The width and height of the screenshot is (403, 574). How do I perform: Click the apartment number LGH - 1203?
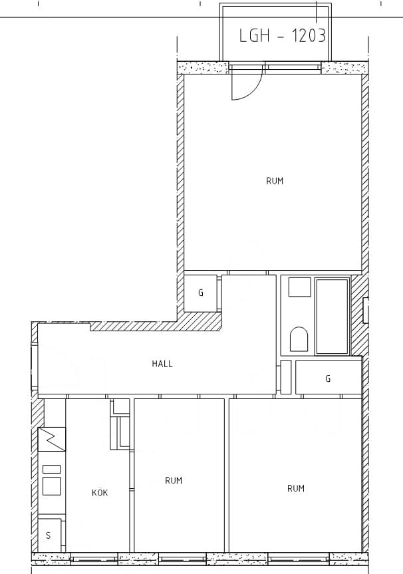coord(282,36)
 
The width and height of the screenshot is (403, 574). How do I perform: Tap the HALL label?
coord(162,364)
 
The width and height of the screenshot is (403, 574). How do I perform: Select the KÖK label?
coord(100,493)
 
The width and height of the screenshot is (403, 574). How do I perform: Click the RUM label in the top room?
coord(275,181)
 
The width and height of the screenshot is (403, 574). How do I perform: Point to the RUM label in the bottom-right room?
coord(296,488)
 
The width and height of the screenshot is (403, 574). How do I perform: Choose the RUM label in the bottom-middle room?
coord(174,481)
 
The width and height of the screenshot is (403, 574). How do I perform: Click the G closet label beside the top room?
coord(201,293)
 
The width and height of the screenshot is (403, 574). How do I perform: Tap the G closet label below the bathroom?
coord(328,378)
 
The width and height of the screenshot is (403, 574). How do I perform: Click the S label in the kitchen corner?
coord(48,536)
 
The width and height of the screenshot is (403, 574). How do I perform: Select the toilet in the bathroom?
coord(299,339)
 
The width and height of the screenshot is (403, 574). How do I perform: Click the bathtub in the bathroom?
coord(332,317)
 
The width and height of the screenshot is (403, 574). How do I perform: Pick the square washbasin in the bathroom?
coord(300,287)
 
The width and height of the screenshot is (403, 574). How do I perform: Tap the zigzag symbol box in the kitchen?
coord(52,439)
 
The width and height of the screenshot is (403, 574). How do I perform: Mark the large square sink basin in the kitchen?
coord(52,486)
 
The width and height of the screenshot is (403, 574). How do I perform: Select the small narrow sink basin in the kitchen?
coord(52,469)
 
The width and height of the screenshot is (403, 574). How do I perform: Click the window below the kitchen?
coord(94,559)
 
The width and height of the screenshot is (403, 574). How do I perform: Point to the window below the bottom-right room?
coord(299,559)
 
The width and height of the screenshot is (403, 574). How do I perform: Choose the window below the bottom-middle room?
coord(183,559)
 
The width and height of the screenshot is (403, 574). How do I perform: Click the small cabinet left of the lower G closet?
coord(286,377)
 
